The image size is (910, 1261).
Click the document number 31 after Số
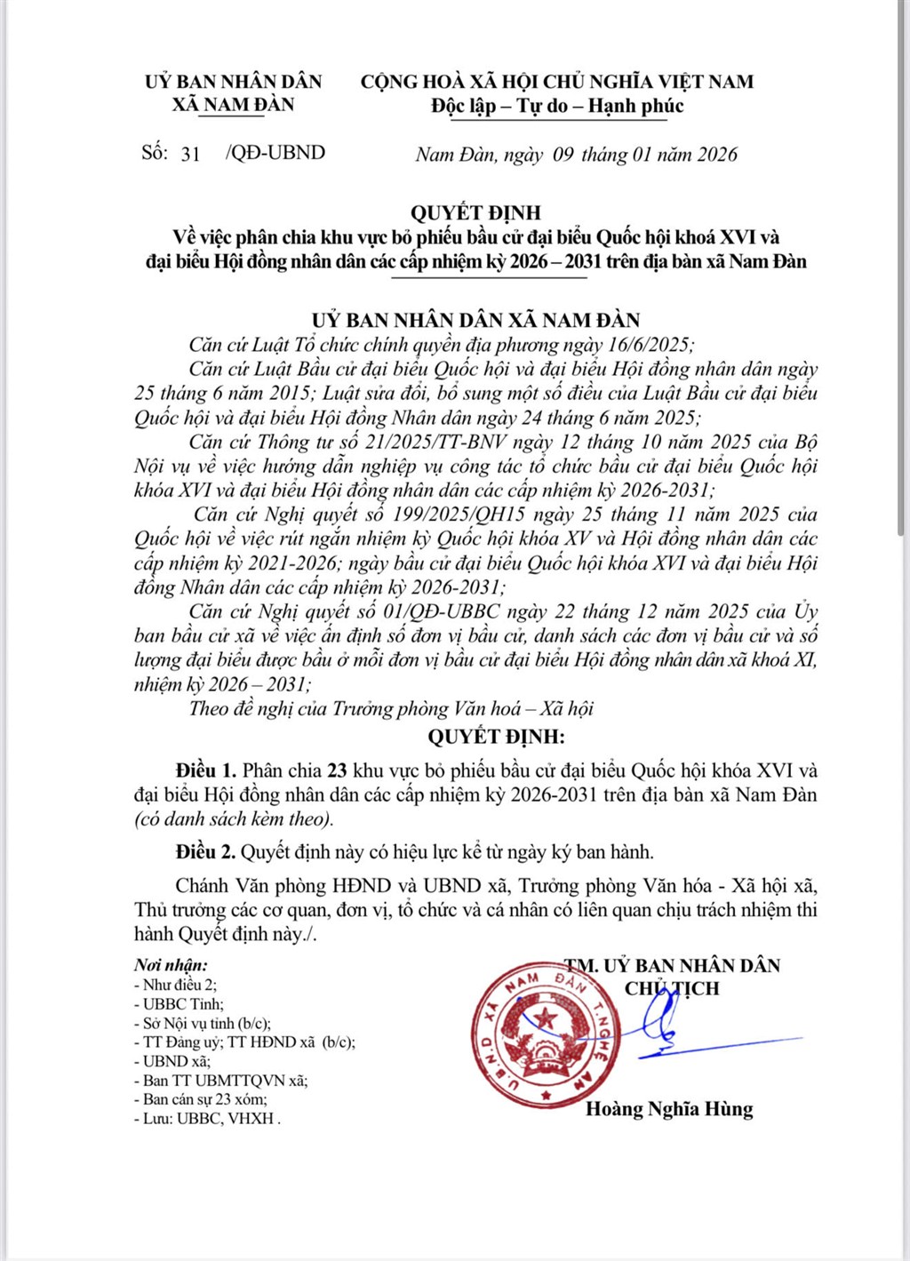click(190, 154)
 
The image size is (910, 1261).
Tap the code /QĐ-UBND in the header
click(275, 153)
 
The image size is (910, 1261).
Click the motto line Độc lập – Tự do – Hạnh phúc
click(557, 106)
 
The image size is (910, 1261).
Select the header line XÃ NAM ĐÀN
click(233, 105)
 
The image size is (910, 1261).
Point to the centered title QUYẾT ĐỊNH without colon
click(475, 212)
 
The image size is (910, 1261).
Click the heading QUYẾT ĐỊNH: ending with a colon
click(496, 737)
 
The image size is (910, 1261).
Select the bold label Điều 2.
click(205, 852)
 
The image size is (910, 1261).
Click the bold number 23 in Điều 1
click(337, 770)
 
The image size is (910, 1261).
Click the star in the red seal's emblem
click(543, 1017)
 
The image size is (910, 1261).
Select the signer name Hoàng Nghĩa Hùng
click(669, 1109)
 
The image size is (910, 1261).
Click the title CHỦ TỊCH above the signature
click(672, 989)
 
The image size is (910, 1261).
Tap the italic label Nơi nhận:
click(172, 965)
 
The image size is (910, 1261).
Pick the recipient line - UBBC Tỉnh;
click(179, 1004)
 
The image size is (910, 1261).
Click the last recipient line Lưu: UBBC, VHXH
click(207, 1119)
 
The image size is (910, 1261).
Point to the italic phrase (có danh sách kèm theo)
click(234, 819)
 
